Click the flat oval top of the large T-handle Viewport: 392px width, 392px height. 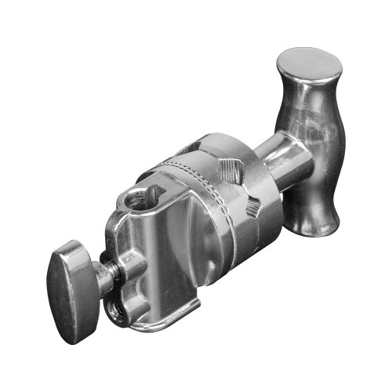(310, 64)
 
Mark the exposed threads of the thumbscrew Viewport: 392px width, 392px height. (111, 274)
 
